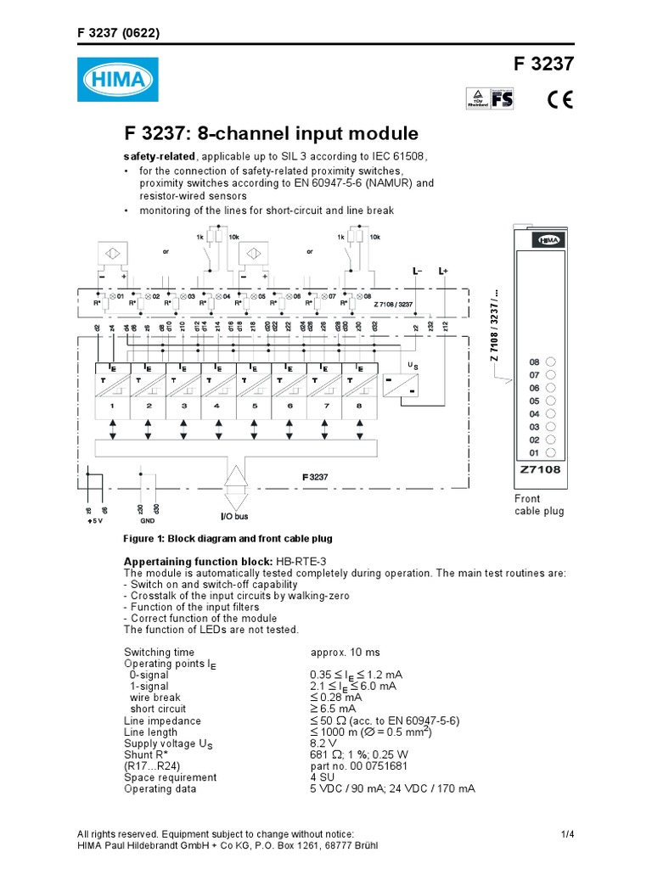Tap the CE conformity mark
(x=559, y=99)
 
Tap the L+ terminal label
(x=443, y=271)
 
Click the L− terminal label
(x=418, y=271)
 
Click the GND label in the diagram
(x=147, y=520)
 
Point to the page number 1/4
(x=568, y=834)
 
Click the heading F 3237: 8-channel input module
(x=272, y=133)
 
